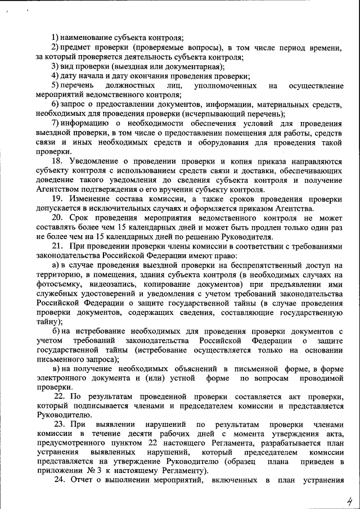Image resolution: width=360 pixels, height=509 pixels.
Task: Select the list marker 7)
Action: pyautogui.click(x=55, y=123)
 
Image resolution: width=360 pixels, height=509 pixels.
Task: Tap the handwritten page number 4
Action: pyautogui.click(x=349, y=499)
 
